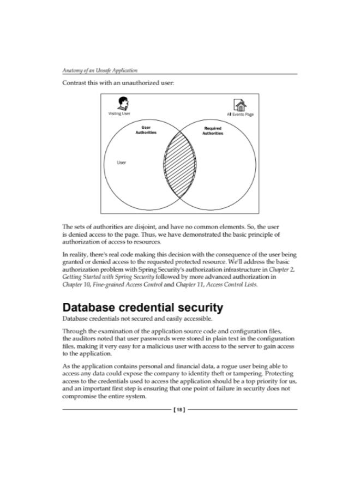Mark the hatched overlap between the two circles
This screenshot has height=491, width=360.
pos(179,164)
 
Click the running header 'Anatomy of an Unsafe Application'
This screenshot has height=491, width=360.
pos(100,71)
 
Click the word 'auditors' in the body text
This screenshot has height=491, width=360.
pos(86,338)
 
